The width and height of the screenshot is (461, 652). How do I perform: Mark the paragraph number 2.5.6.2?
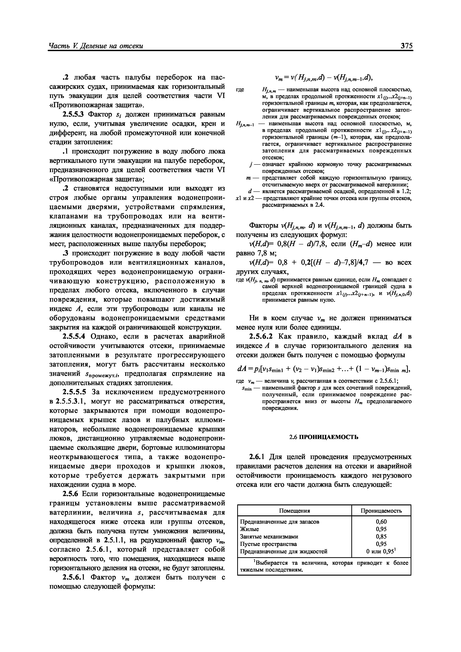(x=261, y=337)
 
